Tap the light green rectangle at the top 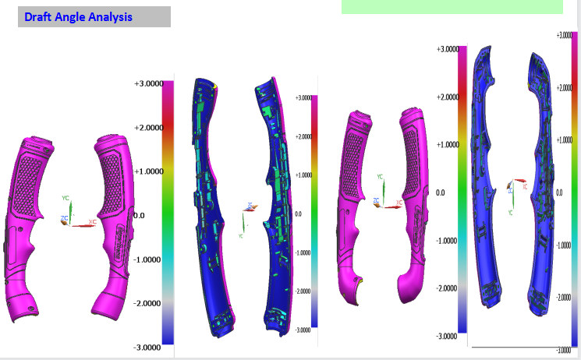(452, 6)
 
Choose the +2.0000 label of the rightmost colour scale (565, 87)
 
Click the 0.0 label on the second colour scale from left (299, 213)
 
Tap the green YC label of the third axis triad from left (380, 178)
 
